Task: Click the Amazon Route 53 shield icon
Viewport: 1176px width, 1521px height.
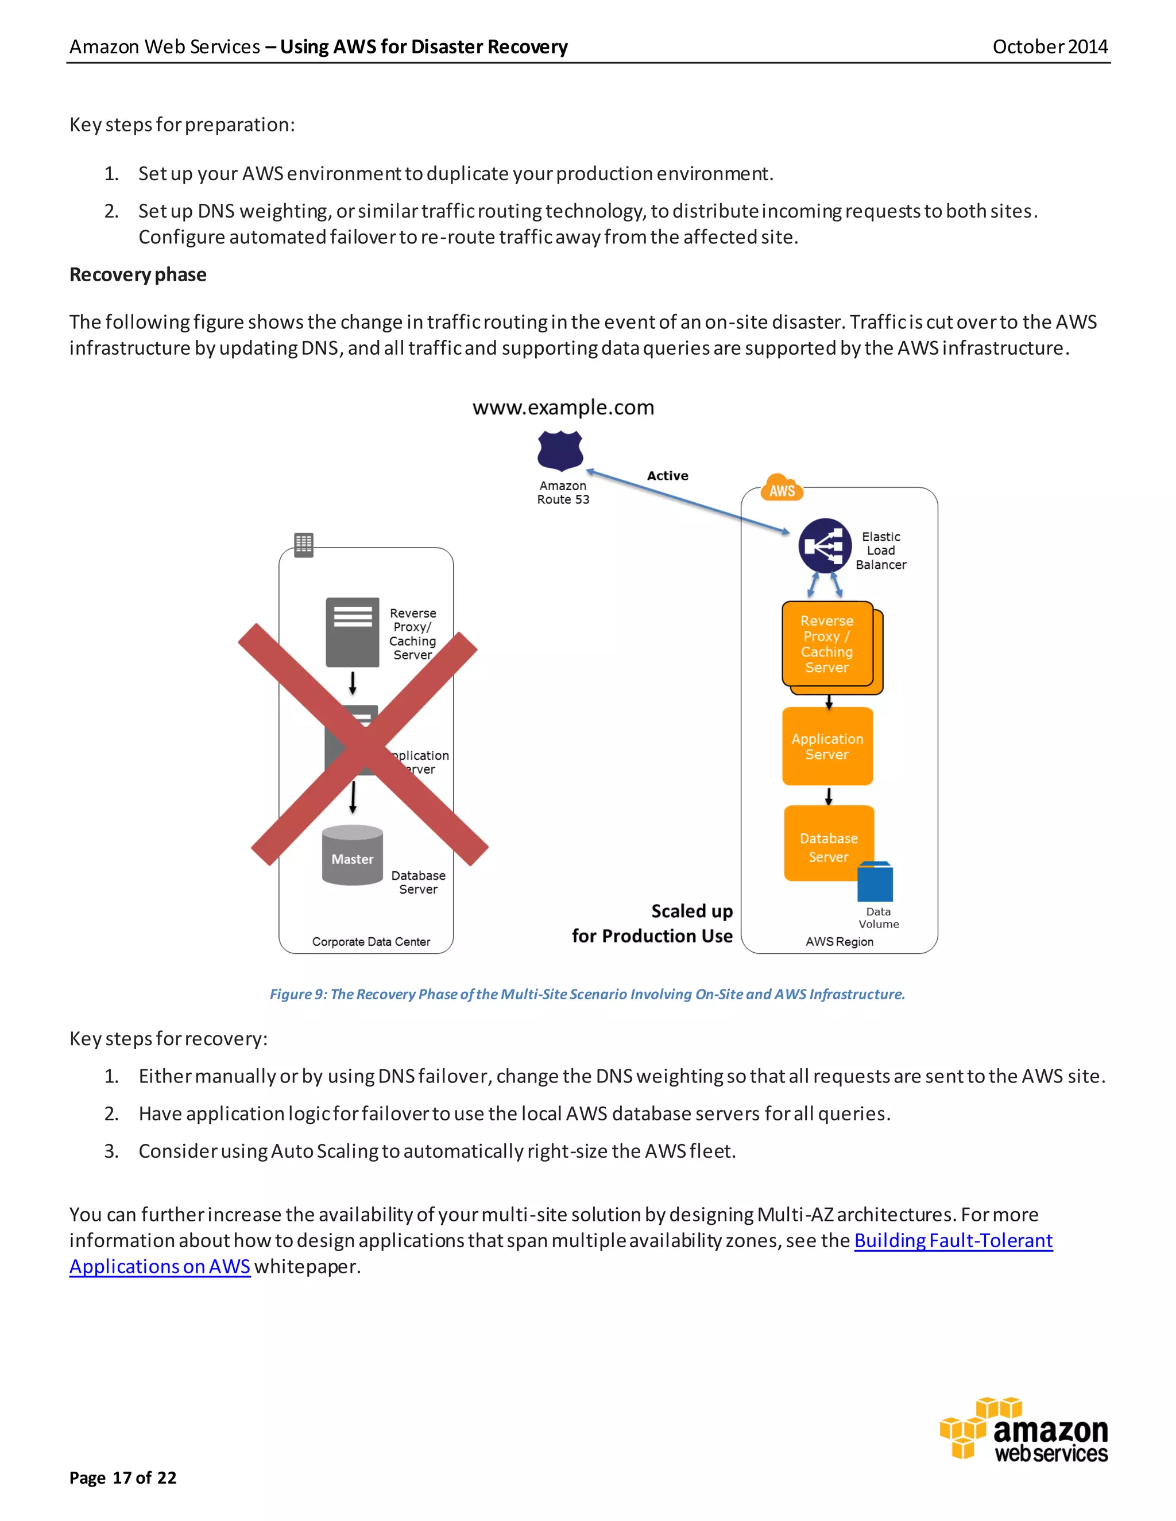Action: click(559, 451)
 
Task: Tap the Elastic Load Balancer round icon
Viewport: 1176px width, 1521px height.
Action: click(825, 545)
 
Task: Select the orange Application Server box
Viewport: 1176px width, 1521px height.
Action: click(827, 747)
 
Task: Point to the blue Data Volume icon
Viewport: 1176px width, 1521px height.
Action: click(875, 882)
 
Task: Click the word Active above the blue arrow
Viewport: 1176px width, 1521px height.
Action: click(667, 476)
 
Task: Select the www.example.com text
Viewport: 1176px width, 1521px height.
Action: click(563, 408)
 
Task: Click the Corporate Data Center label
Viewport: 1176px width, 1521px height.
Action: click(370, 941)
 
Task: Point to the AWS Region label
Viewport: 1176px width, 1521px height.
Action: click(839, 941)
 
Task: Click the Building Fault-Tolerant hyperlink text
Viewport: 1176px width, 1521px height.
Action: click(953, 1240)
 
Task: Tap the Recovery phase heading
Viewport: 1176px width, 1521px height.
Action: click(138, 274)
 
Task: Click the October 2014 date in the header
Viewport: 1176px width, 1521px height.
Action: click(1049, 46)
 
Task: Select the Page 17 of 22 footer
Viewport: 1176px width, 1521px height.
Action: click(123, 1477)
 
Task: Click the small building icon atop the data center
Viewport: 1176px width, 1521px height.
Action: click(304, 545)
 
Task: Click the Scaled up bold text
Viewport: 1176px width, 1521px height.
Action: click(691, 911)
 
